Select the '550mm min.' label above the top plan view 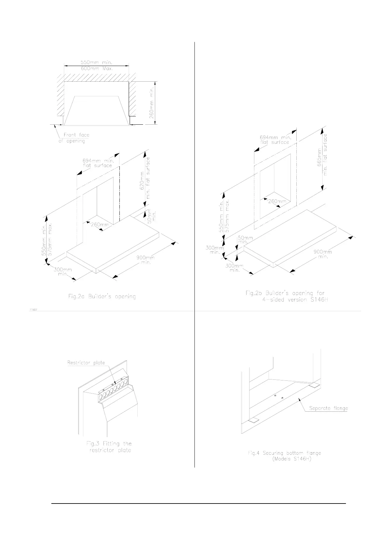tap(96, 63)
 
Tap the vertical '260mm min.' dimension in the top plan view tap(153, 101)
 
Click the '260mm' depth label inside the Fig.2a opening tap(100, 224)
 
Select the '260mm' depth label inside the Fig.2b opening tap(277, 202)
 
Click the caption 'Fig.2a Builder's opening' tap(102, 297)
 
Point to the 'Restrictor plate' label tap(86, 363)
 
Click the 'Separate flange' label tap(329, 408)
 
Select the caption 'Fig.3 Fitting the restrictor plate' tap(109, 447)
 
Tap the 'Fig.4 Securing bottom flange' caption tap(285, 453)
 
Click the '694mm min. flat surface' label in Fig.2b tap(275, 140)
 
